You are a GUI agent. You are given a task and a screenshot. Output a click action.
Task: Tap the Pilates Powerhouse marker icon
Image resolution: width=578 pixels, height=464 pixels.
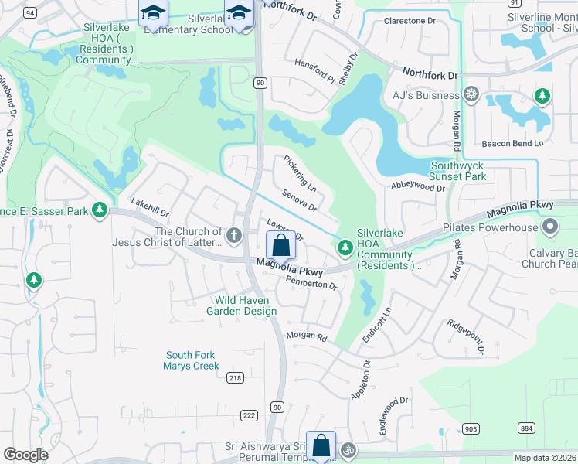tap(550, 227)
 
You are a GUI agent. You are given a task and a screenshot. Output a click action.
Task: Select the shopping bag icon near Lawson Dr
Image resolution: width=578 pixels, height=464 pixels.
tap(280, 245)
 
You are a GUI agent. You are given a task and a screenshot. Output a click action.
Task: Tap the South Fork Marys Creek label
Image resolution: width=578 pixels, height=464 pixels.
tap(191, 360)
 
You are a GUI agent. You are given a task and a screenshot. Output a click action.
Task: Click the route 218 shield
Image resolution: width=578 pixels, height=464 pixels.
tap(235, 378)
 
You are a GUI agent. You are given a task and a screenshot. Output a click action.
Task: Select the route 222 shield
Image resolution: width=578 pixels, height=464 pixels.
tap(249, 415)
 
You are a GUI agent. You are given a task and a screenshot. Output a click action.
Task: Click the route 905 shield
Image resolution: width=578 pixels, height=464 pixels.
tap(471, 428)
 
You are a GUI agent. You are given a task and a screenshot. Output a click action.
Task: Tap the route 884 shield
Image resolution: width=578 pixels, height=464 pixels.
tap(526, 428)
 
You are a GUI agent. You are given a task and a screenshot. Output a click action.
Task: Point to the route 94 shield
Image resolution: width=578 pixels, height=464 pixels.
tap(30, 13)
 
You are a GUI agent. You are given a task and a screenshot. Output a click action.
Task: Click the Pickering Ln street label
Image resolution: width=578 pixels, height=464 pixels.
tap(300, 174)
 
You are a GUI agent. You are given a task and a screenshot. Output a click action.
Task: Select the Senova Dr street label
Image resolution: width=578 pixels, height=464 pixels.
tap(299, 201)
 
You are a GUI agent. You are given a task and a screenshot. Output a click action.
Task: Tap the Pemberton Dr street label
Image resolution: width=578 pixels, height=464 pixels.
tap(312, 283)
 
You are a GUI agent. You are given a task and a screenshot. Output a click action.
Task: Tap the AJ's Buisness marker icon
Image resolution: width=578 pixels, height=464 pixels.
tap(471, 96)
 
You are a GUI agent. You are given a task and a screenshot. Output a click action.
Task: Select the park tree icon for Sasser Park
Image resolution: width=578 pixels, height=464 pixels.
tap(100, 210)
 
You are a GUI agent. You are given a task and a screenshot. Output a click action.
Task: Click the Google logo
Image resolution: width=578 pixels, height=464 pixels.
tap(26, 455)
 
